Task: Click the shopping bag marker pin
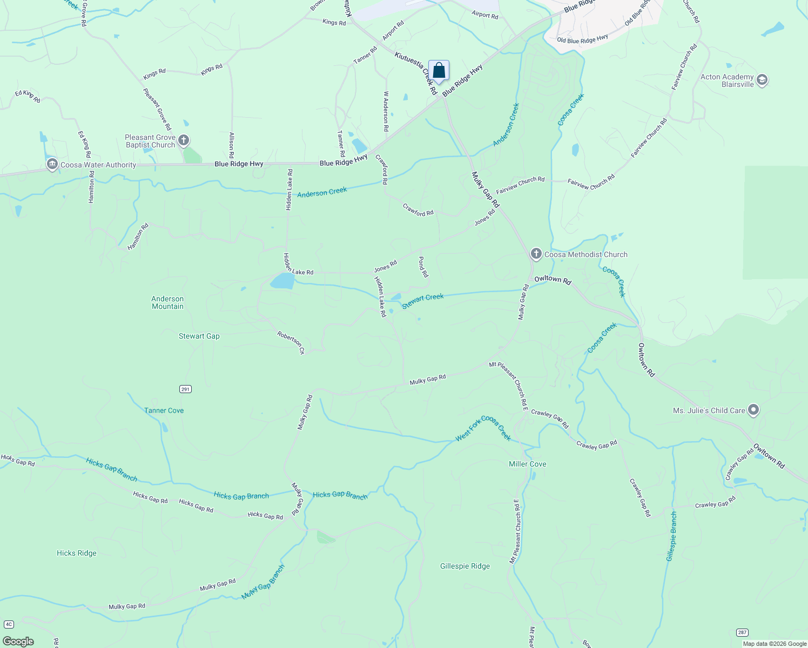[439, 71]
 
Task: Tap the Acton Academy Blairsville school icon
[762, 80]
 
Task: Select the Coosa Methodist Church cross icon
[536, 254]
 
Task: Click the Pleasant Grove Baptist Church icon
[184, 141]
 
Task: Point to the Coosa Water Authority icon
[52, 165]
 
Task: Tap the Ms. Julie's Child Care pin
[753, 410]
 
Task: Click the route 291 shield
[185, 389]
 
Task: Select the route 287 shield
[742, 632]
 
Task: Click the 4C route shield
[9, 625]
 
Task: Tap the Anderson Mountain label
[167, 302]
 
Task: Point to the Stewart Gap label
[199, 336]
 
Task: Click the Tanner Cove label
[164, 410]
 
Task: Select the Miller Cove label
[527, 464]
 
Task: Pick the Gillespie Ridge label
[465, 566]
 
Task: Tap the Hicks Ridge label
[77, 553]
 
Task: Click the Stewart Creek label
[423, 301]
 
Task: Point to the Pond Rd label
[423, 267]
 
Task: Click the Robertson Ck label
[291, 342]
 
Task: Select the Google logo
[18, 641]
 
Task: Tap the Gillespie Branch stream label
[671, 536]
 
